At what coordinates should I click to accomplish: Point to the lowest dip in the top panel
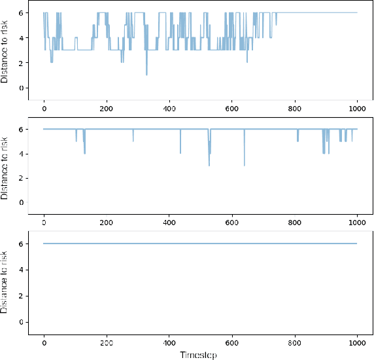coord(146,74)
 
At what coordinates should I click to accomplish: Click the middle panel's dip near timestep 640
coord(245,164)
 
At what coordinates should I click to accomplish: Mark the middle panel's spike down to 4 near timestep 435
coord(180,153)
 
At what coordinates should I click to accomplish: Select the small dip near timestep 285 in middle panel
coord(133,140)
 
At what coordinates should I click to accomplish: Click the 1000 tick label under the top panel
coord(357,109)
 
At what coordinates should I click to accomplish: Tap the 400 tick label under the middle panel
coord(169,225)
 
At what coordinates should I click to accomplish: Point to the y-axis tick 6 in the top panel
coord(23,13)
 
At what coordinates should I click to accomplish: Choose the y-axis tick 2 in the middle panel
coord(23,178)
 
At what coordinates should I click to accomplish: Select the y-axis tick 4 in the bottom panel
coord(23,270)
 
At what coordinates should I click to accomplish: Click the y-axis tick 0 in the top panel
coord(23,88)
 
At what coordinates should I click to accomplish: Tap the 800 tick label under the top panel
coord(295,109)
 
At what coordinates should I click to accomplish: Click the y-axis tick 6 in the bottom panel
coord(23,243)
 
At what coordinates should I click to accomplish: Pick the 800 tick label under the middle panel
coord(295,225)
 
